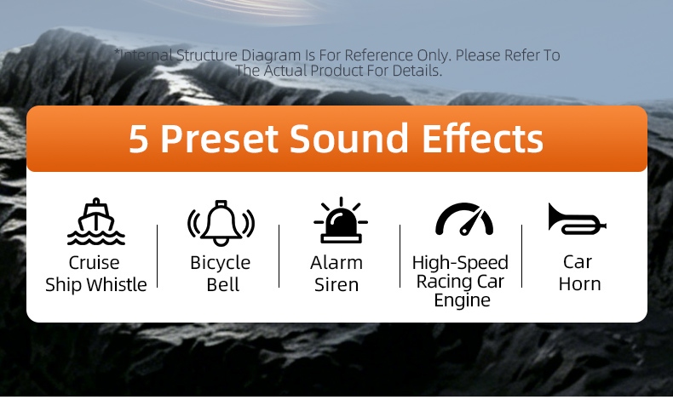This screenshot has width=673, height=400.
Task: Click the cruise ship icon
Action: coord(96,221)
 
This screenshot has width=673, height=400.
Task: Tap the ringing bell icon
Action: coord(221,223)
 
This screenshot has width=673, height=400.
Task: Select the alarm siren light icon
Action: coord(341,220)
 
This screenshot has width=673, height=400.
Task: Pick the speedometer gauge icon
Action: coord(464,220)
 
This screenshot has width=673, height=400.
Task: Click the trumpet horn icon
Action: coord(577,219)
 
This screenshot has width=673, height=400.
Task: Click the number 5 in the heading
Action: coord(139,139)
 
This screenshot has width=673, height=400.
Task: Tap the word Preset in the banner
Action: coord(220,139)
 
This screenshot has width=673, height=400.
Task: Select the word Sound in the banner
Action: coord(348,138)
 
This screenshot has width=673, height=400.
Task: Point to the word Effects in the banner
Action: coord(483,138)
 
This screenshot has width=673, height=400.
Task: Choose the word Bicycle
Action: coord(220,263)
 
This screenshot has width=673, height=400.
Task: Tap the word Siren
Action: coord(336,284)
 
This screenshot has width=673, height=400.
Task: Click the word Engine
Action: coord(462,300)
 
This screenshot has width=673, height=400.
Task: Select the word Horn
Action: coord(579,283)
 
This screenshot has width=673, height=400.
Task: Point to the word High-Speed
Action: coord(460,263)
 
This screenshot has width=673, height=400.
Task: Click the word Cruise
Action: coord(94,262)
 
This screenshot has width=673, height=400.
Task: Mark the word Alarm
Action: coord(336,262)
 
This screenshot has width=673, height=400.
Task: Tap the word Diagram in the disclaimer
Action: coord(271,55)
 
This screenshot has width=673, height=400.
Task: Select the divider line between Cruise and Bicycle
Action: coord(158,256)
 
